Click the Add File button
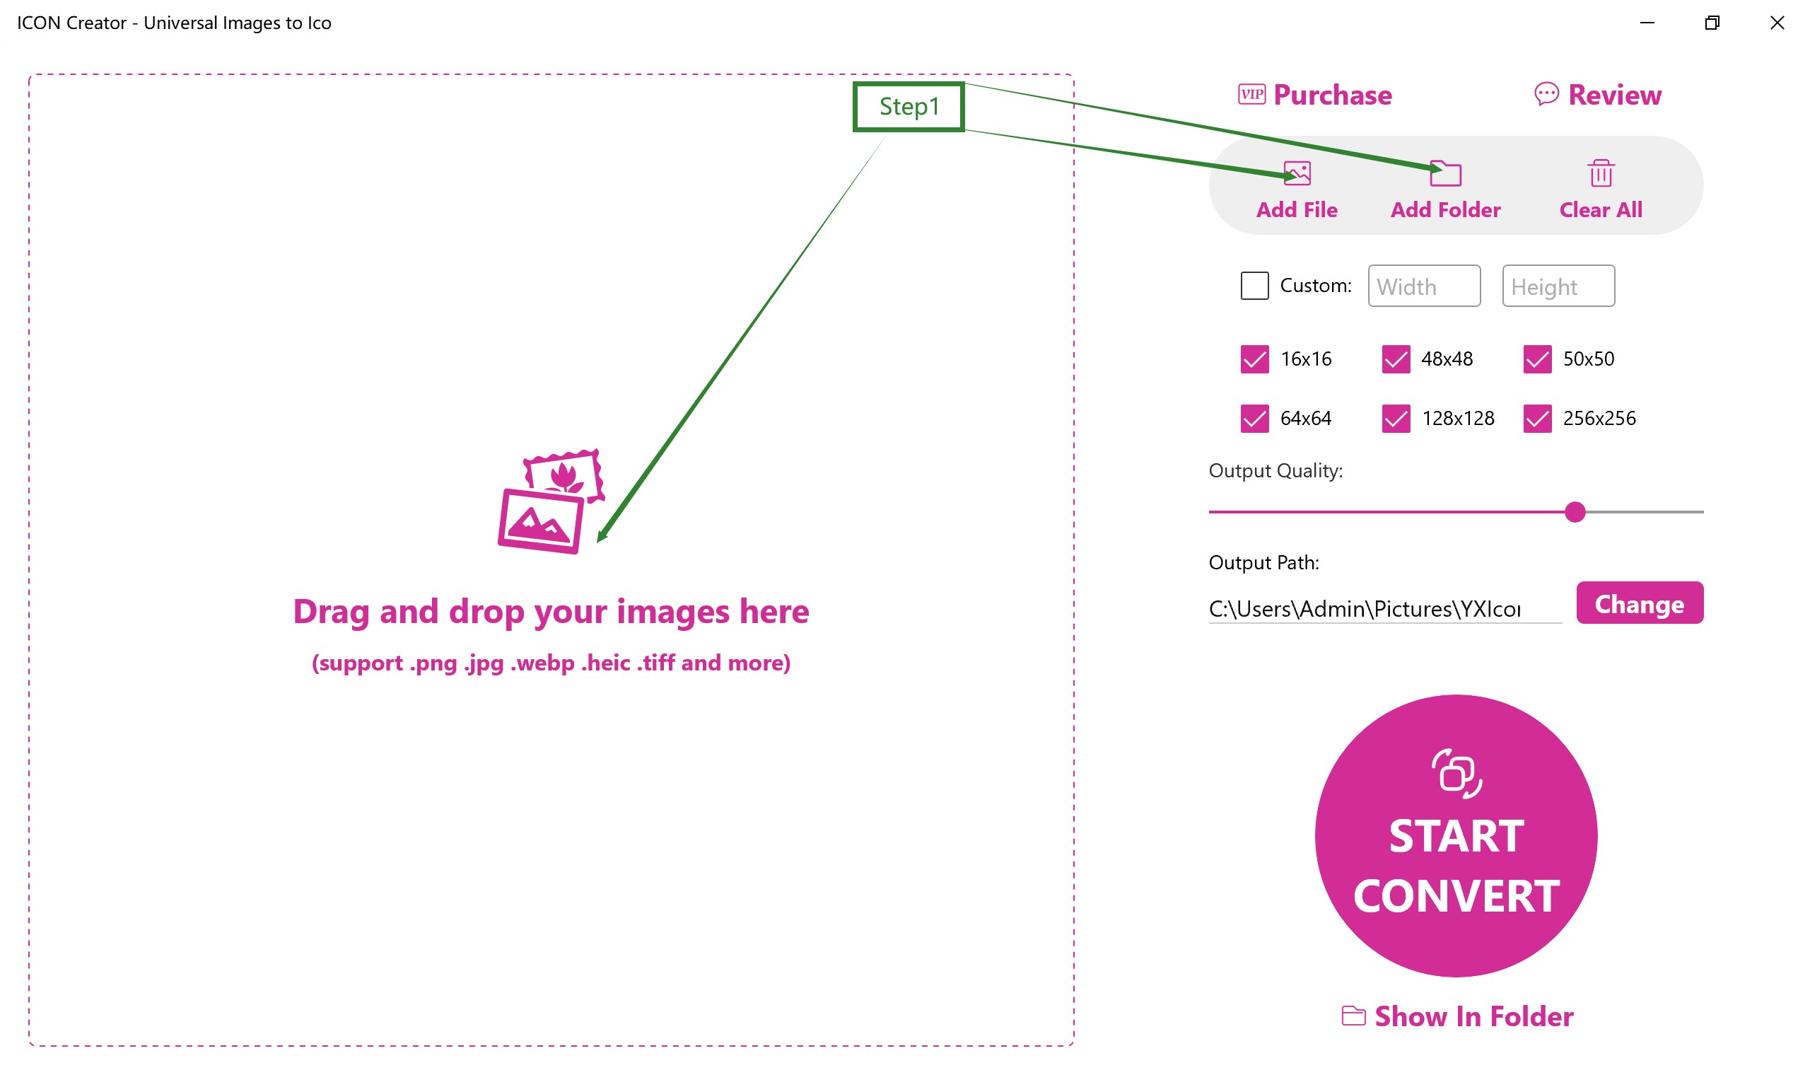tap(1297, 190)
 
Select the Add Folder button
tap(1445, 190)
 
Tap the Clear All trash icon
tap(1601, 173)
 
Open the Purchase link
tap(1314, 95)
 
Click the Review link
tap(1598, 95)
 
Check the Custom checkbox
tap(1255, 286)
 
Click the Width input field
tap(1424, 286)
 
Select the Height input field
tap(1558, 286)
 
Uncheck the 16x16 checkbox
tap(1255, 359)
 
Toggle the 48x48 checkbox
tap(1396, 359)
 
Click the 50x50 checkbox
tap(1537, 359)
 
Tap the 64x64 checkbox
tap(1255, 419)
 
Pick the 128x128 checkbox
tap(1396, 419)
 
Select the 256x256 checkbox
tap(1537, 419)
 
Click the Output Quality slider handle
tap(1575, 512)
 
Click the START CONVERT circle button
tap(1456, 836)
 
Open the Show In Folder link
tap(1456, 1016)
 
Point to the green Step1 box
tap(909, 107)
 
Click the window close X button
tap(1777, 23)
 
